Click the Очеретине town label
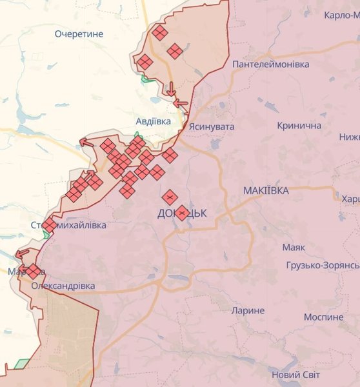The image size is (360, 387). tap(79, 34)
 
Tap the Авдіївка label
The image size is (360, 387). tap(154, 121)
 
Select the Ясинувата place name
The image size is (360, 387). tap(212, 127)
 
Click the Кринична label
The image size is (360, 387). tap(299, 125)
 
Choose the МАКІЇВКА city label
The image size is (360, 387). tap(266, 191)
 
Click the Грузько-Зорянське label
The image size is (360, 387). tap(323, 266)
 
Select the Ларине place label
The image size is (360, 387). tap(248, 310)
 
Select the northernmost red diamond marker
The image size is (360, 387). tap(159, 33)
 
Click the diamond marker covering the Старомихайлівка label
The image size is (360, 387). tap(49, 225)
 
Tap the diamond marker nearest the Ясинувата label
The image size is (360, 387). tap(169, 155)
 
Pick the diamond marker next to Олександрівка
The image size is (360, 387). tap(34, 272)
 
